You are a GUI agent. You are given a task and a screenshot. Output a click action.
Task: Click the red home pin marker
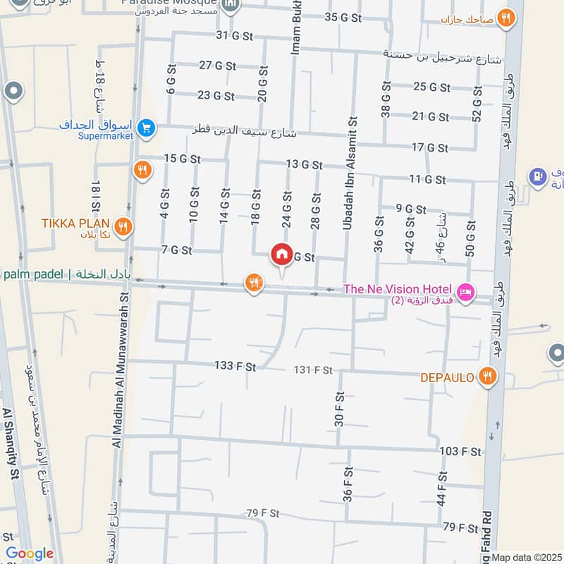pos(281,255)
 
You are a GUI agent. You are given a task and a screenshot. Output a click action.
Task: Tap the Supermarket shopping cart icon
pos(147,128)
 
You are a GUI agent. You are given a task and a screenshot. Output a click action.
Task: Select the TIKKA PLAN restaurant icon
pos(123,226)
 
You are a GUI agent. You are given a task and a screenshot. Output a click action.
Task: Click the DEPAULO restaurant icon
pos(486,377)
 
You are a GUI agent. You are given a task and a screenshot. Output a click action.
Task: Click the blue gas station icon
pos(537,175)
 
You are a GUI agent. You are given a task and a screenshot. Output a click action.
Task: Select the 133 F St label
pos(235,365)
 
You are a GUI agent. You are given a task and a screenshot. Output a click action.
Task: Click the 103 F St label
pos(460,451)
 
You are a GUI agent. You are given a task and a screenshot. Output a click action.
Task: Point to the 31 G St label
pos(234,35)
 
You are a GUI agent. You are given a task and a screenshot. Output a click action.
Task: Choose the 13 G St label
pos(304,164)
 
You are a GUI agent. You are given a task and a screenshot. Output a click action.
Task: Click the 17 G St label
pos(429,147)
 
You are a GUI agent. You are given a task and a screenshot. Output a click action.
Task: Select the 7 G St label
pos(176,250)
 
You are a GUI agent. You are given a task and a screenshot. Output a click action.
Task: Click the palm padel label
pos(32,274)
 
